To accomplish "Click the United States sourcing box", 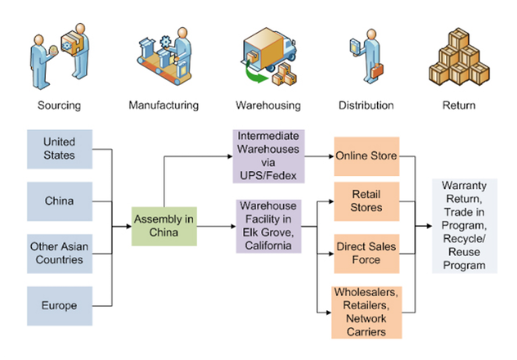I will (x=58, y=150).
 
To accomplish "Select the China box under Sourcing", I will (x=58, y=201).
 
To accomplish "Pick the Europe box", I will (x=58, y=305).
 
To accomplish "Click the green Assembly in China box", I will (x=164, y=227).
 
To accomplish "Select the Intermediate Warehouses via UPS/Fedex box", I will (x=268, y=155).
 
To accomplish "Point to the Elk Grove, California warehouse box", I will (x=268, y=227).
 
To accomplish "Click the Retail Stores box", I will (x=366, y=201).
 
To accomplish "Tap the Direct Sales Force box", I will (x=366, y=253).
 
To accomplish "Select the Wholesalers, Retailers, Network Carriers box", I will (x=366, y=312).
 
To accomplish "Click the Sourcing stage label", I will (x=58, y=106).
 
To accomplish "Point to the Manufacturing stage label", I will (x=164, y=106).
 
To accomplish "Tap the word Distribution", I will (x=366, y=106).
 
